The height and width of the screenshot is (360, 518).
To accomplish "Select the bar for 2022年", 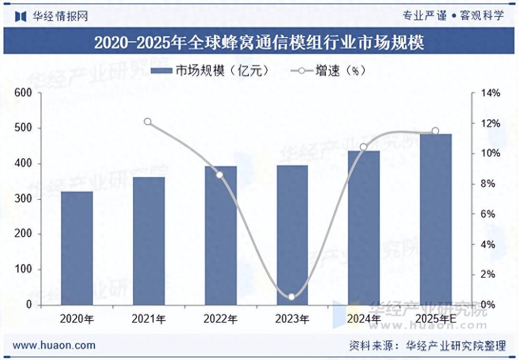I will pyautogui.click(x=220, y=235).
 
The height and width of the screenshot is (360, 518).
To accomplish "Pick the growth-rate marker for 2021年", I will pyautogui.click(x=148, y=122).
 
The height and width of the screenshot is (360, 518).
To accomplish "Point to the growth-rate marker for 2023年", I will pyautogui.click(x=291, y=297).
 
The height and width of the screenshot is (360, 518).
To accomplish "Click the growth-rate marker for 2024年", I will pyautogui.click(x=364, y=147).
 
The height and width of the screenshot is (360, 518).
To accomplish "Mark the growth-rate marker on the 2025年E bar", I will pyautogui.click(x=435, y=131).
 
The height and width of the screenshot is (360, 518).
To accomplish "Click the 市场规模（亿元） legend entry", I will pyautogui.click(x=209, y=71).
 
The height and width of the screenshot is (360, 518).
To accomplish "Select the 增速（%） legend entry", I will pyautogui.click(x=328, y=71).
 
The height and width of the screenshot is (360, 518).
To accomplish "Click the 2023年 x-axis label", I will pyautogui.click(x=292, y=319).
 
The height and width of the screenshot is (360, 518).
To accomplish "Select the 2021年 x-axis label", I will pyautogui.click(x=149, y=319).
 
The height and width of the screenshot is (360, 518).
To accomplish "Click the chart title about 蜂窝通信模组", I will pyautogui.click(x=259, y=43).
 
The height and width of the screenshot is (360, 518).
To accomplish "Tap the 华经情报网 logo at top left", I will pyautogui.click(x=52, y=16).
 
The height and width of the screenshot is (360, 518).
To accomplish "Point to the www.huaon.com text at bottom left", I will pyautogui.click(x=54, y=345).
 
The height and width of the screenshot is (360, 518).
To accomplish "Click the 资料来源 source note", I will pyautogui.click(x=427, y=346).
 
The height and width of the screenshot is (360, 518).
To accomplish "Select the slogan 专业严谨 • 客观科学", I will pyautogui.click(x=453, y=16).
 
